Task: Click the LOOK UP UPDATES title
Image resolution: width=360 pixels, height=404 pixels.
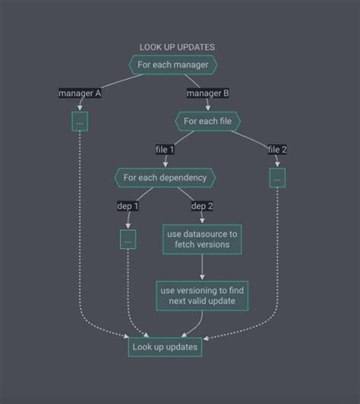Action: pyautogui.click(x=177, y=47)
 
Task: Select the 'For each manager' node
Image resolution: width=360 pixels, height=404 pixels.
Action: pyautogui.click(x=173, y=65)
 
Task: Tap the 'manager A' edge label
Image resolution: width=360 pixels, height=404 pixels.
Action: pyautogui.click(x=80, y=93)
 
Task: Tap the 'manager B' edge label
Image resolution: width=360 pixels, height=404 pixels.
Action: pyautogui.click(x=208, y=93)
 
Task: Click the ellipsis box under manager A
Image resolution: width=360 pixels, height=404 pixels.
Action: pyautogui.click(x=80, y=122)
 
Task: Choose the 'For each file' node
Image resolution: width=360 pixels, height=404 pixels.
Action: pyautogui.click(x=208, y=121)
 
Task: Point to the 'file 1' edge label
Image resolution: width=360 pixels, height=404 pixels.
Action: pyautogui.click(x=165, y=150)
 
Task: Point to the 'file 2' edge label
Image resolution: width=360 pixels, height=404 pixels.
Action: pyautogui.click(x=277, y=150)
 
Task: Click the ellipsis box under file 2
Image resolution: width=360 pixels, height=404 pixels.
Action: pyautogui.click(x=277, y=178)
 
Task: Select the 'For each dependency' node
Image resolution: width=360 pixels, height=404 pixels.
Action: pyautogui.click(x=165, y=178)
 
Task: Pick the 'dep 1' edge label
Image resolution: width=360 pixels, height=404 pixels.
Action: pyautogui.click(x=128, y=206)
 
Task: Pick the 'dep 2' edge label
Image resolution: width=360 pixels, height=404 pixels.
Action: pyautogui.click(x=202, y=206)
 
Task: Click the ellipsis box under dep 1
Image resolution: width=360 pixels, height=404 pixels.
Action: pyautogui.click(x=128, y=239)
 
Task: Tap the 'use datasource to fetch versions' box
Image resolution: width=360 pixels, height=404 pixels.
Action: pyautogui.click(x=202, y=239)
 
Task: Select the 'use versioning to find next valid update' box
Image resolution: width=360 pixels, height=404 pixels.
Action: pyautogui.click(x=202, y=295)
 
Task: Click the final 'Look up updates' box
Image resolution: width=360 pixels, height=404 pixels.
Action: pyautogui.click(x=165, y=347)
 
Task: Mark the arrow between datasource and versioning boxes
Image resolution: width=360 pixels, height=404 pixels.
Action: pyautogui.click(x=202, y=267)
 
